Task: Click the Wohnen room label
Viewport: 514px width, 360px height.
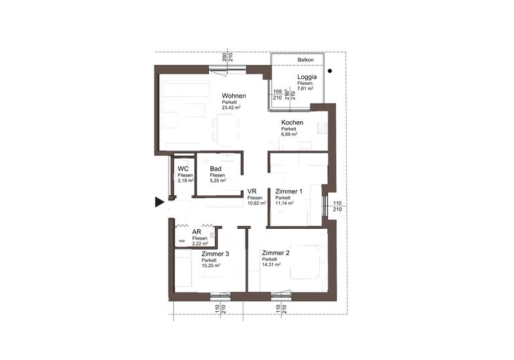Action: [x=234, y=96]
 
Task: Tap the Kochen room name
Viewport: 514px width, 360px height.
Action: [x=292, y=122]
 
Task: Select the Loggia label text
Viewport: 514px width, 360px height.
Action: [x=307, y=77]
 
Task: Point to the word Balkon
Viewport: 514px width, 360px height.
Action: [x=305, y=60]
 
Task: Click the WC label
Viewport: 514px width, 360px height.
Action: [x=183, y=169]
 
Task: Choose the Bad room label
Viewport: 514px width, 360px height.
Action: [x=216, y=169]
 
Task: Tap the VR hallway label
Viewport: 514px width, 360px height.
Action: [x=252, y=191]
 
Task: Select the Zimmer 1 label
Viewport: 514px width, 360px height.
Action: [x=289, y=191]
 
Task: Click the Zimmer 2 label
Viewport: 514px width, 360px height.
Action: [x=276, y=253]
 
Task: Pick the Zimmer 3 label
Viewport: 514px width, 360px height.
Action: [x=216, y=254]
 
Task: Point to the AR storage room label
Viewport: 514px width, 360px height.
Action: [x=196, y=232]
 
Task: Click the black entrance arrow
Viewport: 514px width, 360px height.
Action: [x=159, y=202]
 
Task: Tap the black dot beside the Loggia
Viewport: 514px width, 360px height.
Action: [x=330, y=71]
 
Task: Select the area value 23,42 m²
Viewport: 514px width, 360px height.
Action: [x=232, y=107]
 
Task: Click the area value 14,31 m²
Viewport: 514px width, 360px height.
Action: [x=271, y=264]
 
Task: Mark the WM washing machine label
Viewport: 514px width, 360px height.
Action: [x=181, y=241]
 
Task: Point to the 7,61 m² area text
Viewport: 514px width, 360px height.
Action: [x=305, y=88]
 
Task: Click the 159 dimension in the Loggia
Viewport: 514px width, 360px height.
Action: [x=277, y=92]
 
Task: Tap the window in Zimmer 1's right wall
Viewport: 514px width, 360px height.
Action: [x=325, y=206]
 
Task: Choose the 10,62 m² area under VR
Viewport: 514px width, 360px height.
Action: [x=257, y=203]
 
